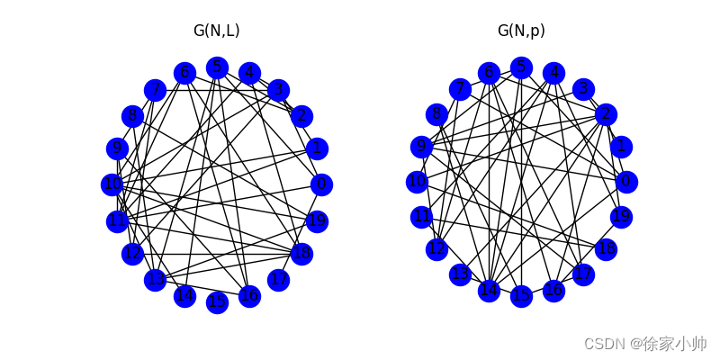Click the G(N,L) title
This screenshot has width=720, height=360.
[x=217, y=31]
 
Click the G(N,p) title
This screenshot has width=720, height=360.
[x=521, y=31]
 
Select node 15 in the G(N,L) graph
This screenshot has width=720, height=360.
[x=217, y=302]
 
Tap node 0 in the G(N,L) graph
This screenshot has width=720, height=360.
[x=321, y=184]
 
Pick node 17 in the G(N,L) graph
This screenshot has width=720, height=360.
[x=279, y=280]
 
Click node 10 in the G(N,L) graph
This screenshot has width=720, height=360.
[x=112, y=184]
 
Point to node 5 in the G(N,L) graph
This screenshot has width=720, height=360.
[x=217, y=67]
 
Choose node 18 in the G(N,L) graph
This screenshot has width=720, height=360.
[x=301, y=254]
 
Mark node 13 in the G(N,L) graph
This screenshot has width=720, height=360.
[x=156, y=280]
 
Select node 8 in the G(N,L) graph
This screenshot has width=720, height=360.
[x=133, y=115]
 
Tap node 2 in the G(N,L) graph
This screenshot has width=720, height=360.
[x=301, y=115]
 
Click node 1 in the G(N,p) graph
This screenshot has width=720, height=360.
[x=621, y=147]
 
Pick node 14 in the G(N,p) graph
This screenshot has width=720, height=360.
[x=489, y=291]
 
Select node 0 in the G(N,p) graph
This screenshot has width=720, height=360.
[x=626, y=182]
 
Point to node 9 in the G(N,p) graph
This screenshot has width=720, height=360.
[x=421, y=147]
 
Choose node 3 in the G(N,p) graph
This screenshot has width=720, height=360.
[x=583, y=88]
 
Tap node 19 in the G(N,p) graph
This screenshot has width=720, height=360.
[x=621, y=217]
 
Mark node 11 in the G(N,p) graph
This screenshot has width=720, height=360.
[x=421, y=217]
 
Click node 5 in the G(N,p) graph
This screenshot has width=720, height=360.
[x=521, y=67]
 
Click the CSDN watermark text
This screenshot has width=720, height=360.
[x=644, y=344]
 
